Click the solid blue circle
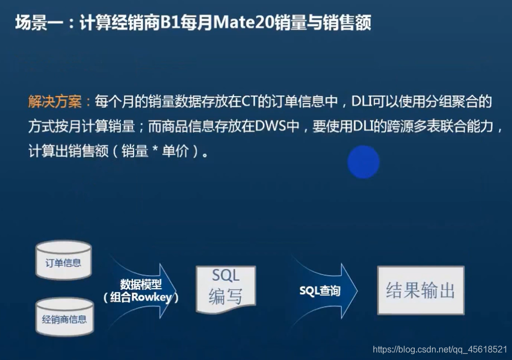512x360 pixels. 363,162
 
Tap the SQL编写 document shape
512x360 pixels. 225,287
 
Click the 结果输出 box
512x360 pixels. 420,291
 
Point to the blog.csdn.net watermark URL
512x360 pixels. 440,349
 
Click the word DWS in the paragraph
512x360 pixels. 269,126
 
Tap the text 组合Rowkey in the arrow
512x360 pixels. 142,297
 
